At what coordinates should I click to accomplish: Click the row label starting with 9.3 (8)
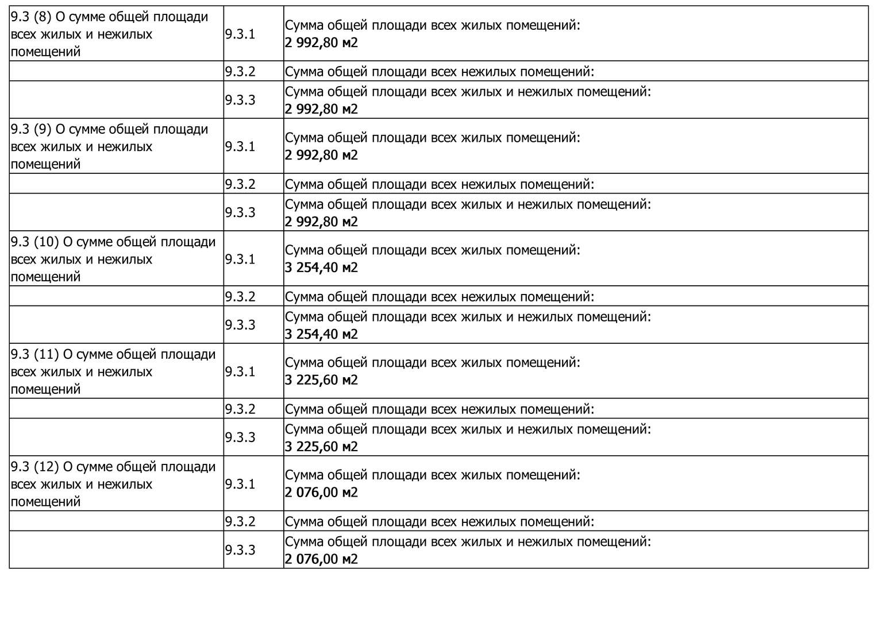point(109,34)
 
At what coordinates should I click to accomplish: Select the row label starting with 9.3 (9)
point(109,146)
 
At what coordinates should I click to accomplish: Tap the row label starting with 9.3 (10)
point(113,259)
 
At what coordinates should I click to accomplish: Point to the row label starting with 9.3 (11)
point(113,371)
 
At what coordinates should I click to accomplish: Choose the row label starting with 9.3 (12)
point(113,484)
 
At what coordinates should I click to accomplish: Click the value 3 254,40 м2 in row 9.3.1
point(321,268)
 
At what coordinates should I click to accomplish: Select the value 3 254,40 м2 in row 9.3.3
point(321,334)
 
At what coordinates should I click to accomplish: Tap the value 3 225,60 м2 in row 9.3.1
point(321,380)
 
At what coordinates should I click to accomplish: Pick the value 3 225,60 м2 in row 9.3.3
point(321,447)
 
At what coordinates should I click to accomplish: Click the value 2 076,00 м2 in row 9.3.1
point(321,493)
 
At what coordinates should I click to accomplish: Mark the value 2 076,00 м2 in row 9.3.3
point(321,559)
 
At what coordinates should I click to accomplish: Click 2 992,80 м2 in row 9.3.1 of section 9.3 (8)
point(321,42)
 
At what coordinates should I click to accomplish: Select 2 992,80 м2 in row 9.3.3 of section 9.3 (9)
point(321,222)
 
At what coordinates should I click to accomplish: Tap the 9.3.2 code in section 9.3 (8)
point(240,72)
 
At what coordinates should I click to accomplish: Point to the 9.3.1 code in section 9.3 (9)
point(240,146)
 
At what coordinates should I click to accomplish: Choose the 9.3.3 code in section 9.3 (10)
point(240,325)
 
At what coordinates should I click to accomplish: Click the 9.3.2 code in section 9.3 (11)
point(240,409)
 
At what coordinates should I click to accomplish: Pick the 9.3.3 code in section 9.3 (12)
point(240,550)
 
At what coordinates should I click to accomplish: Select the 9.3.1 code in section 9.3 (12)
point(240,484)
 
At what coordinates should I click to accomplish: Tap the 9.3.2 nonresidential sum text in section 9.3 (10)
point(439,297)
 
